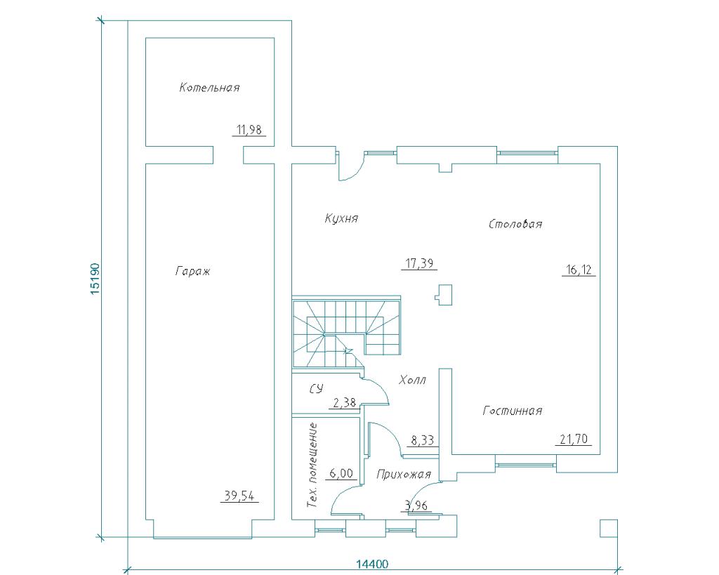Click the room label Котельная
209,87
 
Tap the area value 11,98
249,130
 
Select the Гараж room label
192,271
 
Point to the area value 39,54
239,496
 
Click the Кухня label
341,218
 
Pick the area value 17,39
419,264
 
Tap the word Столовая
515,224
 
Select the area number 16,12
579,270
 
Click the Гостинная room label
512,411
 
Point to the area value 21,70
574,439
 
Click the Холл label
413,380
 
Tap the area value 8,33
422,441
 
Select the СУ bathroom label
316,389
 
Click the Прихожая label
404,474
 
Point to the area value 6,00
342,472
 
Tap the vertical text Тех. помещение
312,465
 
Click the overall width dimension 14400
372,564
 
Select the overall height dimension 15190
95,278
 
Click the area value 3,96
417,505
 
